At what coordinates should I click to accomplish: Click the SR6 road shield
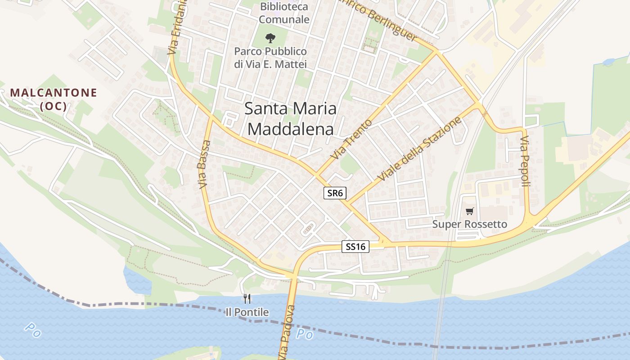pyautogui.click(x=335, y=193)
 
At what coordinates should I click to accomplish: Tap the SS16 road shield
pyautogui.click(x=355, y=247)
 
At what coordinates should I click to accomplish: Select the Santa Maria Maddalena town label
pyautogui.click(x=291, y=119)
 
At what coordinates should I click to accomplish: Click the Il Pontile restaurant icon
pyautogui.click(x=247, y=298)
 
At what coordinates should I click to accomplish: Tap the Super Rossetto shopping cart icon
pyautogui.click(x=470, y=211)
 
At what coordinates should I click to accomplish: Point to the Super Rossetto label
pyautogui.click(x=469, y=224)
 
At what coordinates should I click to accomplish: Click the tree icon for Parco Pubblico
pyautogui.click(x=270, y=38)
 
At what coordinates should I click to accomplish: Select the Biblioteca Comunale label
pyautogui.click(x=284, y=13)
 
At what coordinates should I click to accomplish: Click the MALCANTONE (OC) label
pyautogui.click(x=54, y=99)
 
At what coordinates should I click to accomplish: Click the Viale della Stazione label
pyautogui.click(x=420, y=149)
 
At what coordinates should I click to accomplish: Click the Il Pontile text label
pyautogui.click(x=247, y=312)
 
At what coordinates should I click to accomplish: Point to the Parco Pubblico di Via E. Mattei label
pyautogui.click(x=270, y=58)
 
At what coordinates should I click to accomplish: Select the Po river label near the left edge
pyautogui.click(x=32, y=330)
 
